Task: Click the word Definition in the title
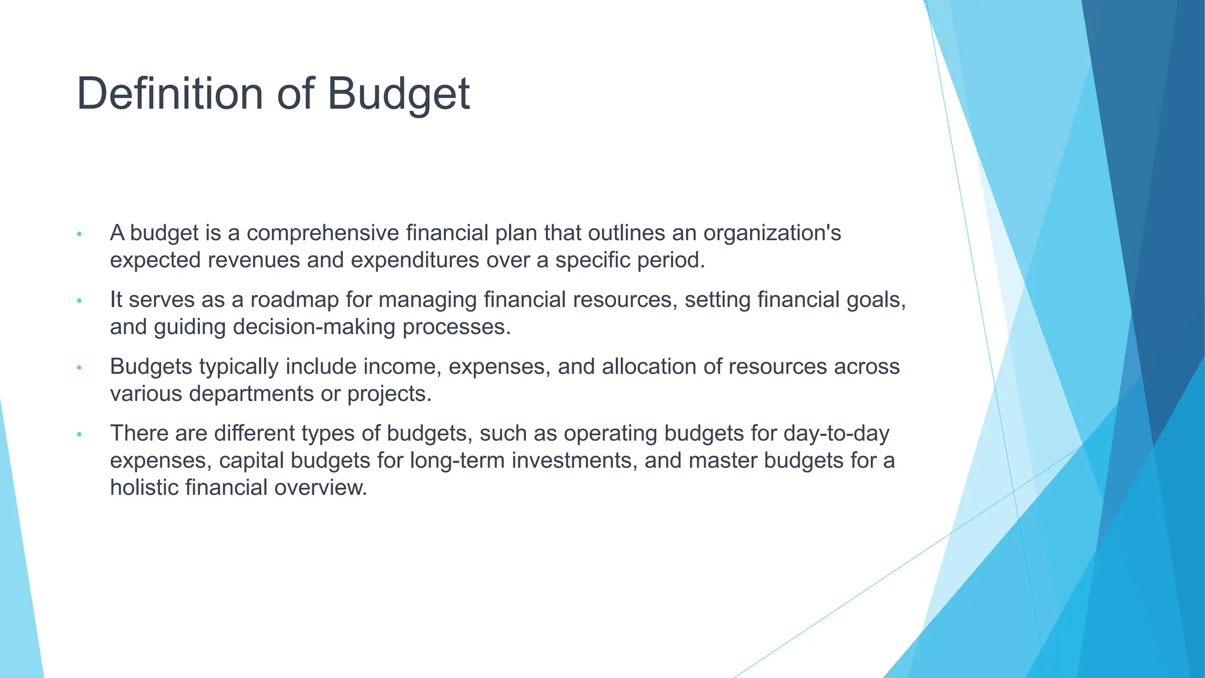[170, 94]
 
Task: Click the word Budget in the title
[398, 94]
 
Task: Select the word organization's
[772, 233]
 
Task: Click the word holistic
[144, 487]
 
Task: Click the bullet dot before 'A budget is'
[79, 234]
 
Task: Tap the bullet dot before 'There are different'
[79, 435]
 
